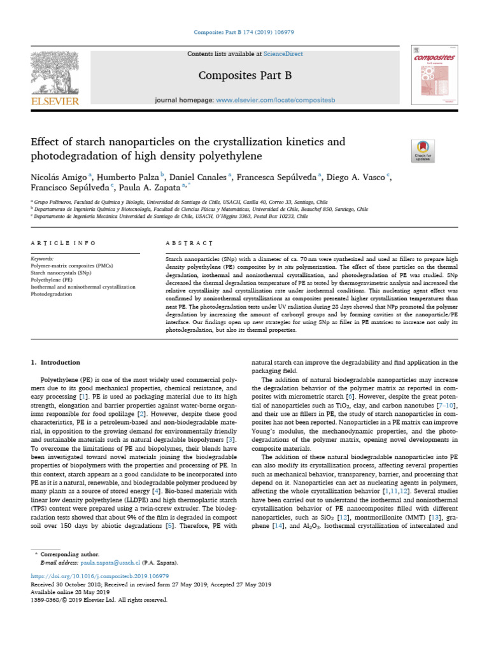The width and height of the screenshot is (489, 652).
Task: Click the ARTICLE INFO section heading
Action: [x=63, y=243]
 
